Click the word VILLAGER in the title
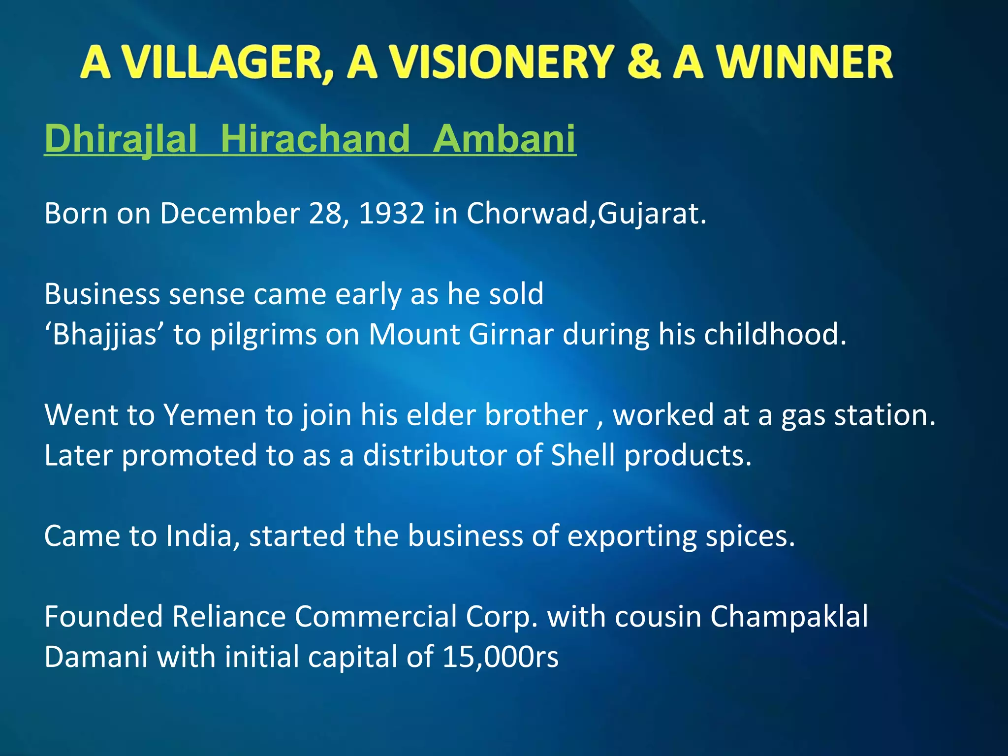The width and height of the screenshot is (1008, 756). point(227,63)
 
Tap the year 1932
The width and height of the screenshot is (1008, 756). point(392,214)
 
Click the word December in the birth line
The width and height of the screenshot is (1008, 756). point(230,214)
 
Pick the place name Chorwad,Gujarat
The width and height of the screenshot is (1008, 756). point(586,214)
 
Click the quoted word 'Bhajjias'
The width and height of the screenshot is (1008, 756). point(104,335)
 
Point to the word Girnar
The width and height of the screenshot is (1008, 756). point(511,335)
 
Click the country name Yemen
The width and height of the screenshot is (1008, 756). point(210,415)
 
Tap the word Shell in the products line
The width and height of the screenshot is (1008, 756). point(583,455)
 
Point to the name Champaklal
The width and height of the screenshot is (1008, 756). point(789,617)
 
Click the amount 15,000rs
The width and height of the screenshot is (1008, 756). point(500,657)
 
